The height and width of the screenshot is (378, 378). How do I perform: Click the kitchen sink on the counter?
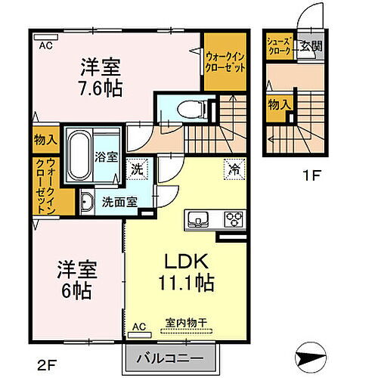point(199,220)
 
